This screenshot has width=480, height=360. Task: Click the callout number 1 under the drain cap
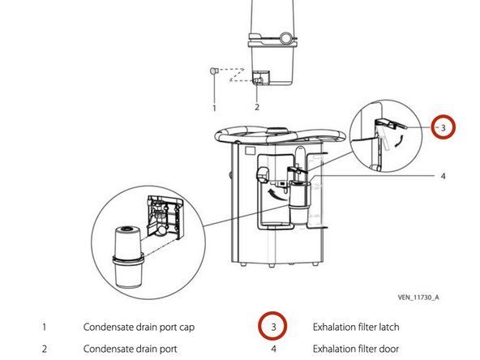[x=214, y=108]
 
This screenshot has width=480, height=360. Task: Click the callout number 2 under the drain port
[x=257, y=107]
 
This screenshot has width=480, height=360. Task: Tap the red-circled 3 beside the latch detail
[x=444, y=126]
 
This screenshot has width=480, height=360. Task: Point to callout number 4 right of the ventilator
[x=443, y=176]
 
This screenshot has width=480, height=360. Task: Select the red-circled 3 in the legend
[x=272, y=326]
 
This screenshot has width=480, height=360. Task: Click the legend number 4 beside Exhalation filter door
[x=274, y=349]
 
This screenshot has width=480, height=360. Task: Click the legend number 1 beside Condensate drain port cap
[x=45, y=327]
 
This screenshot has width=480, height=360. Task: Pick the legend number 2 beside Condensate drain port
[x=45, y=349]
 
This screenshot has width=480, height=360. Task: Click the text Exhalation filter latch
[x=356, y=327]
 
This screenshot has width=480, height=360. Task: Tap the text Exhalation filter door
[x=356, y=349]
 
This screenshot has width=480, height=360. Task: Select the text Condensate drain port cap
[x=139, y=328]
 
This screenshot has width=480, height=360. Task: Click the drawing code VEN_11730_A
[x=418, y=297]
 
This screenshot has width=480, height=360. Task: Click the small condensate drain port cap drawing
[x=214, y=71]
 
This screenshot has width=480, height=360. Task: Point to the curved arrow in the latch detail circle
[x=399, y=141]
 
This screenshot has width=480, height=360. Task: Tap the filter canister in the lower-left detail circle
[x=128, y=256]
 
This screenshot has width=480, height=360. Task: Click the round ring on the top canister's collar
[x=286, y=38]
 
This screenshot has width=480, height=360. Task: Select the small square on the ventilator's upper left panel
[x=250, y=150]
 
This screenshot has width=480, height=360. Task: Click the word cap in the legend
[x=187, y=328]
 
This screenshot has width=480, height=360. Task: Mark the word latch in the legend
[x=389, y=327]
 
